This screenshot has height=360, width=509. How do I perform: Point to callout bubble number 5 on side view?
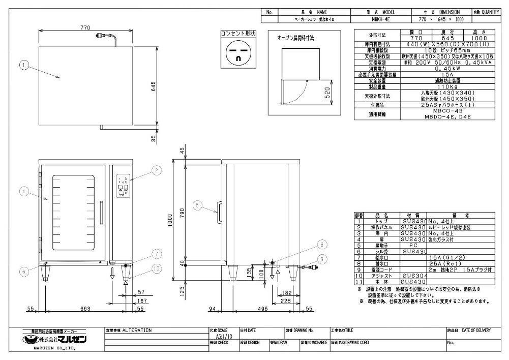click(x=198, y=205)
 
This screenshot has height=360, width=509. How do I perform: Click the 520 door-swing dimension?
click(x=328, y=93)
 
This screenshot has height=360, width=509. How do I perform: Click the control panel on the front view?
click(x=123, y=187)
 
